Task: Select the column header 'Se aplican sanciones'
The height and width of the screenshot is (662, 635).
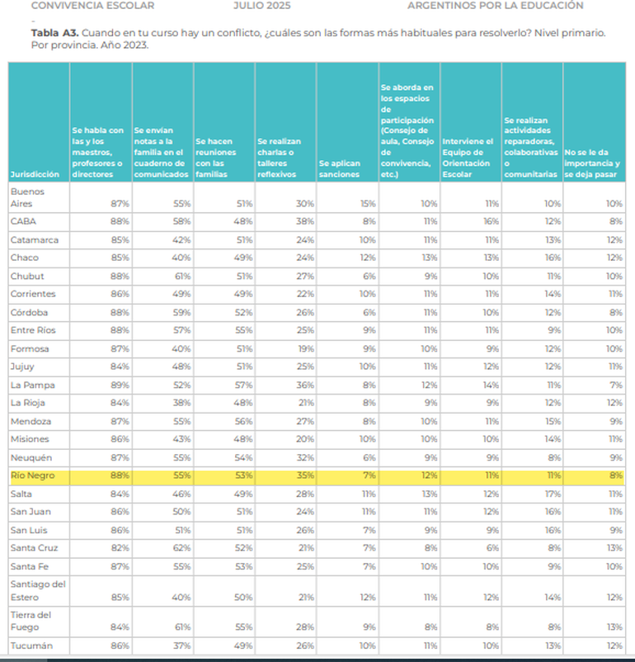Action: click(339, 169)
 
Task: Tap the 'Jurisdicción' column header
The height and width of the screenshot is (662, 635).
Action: click(35, 175)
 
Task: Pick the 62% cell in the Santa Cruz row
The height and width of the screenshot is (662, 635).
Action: click(181, 548)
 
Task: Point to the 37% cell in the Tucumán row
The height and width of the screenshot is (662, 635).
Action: click(181, 645)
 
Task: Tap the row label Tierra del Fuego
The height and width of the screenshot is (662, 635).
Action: click(31, 620)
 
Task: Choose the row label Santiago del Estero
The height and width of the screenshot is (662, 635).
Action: click(37, 590)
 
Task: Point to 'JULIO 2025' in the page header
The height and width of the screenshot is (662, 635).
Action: click(261, 6)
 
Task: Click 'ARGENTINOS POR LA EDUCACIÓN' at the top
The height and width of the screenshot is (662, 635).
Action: click(495, 6)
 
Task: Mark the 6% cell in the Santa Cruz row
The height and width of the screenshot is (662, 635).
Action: click(491, 548)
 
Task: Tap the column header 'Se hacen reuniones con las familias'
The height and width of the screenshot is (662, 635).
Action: click(216, 158)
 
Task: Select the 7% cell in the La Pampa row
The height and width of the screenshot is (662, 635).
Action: click(614, 385)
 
